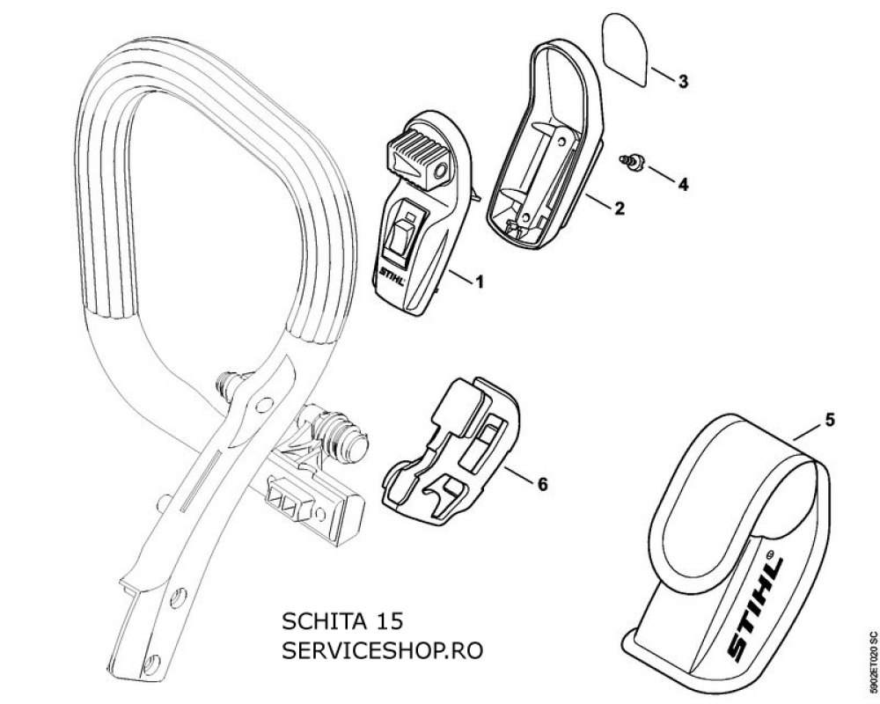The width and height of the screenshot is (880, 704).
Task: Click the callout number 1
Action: pyautogui.click(x=479, y=282)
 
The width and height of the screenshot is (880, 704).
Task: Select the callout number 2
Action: pyautogui.click(x=619, y=209)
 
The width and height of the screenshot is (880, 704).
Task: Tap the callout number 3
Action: pyautogui.click(x=683, y=82)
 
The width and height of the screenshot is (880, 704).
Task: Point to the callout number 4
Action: pyautogui.click(x=683, y=184)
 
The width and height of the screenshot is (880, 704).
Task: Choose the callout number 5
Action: pyautogui.click(x=830, y=420)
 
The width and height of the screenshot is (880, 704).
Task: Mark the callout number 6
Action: pyautogui.click(x=541, y=484)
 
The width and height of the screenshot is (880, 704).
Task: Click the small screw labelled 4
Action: pyautogui.click(x=631, y=161)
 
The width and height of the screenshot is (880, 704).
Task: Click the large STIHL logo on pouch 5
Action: pyautogui.click(x=755, y=609)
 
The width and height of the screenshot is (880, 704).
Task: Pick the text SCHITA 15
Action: pyautogui.click(x=341, y=622)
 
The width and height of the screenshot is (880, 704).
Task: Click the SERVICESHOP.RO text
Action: pyautogui.click(x=382, y=651)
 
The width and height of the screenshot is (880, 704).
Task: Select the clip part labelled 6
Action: pyautogui.click(x=451, y=452)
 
